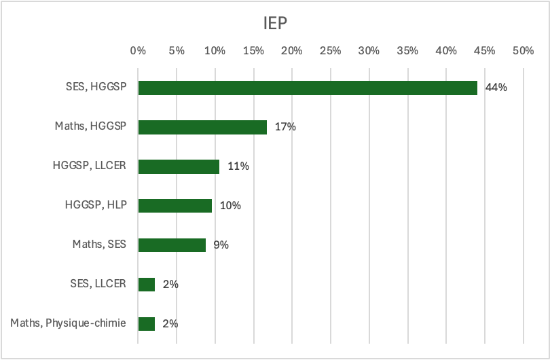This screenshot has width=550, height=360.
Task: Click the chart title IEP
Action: [275, 24]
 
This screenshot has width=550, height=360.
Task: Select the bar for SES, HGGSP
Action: [308, 88]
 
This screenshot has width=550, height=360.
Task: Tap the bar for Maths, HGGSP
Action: [202, 127]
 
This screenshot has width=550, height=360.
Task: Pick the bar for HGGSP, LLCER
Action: [179, 166]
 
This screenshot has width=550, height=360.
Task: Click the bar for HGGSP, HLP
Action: [175, 206]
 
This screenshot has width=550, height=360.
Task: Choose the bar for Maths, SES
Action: [172, 245]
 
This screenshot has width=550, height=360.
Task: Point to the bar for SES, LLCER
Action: [147, 285]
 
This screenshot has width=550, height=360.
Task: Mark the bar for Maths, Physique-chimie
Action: [147, 324]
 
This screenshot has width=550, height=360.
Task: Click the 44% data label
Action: [496, 88]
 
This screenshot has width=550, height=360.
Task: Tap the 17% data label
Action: [285, 127]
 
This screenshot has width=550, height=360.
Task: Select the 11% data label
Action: [238, 166]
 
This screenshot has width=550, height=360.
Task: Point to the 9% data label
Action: [221, 245]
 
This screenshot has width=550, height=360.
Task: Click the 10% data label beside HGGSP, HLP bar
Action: [231, 206]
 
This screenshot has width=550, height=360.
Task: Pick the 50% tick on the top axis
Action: [524, 50]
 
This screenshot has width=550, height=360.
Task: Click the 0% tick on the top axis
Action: [138, 50]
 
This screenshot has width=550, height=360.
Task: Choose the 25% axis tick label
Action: [331, 50]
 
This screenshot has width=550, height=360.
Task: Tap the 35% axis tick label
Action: [408, 50]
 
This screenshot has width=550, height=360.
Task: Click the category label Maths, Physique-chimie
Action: [68, 324]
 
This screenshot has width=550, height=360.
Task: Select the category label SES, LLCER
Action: [98, 285]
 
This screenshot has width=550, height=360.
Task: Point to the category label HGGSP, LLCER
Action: [90, 166]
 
